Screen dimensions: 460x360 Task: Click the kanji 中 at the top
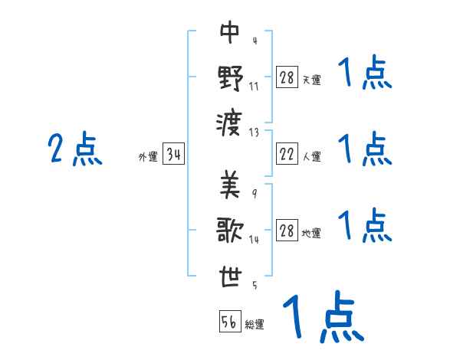click(x=230, y=33)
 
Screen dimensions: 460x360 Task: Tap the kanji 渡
click(x=230, y=121)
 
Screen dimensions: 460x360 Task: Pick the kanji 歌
click(x=230, y=229)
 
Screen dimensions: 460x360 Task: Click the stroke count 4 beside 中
click(x=255, y=41)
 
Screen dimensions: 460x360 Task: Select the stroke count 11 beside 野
click(x=254, y=87)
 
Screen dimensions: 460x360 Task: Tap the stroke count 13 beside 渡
click(x=255, y=132)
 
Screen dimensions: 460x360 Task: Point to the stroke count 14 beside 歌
click(x=254, y=239)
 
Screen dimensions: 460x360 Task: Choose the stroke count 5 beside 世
click(x=255, y=286)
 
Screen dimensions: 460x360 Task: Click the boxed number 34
click(x=174, y=155)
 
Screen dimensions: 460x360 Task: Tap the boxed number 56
click(x=230, y=322)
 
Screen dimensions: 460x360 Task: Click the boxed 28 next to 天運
click(x=287, y=77)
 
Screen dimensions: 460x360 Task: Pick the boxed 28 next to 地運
click(x=287, y=231)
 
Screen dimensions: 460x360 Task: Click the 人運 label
click(x=312, y=157)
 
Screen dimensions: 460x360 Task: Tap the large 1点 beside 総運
click(x=322, y=317)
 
